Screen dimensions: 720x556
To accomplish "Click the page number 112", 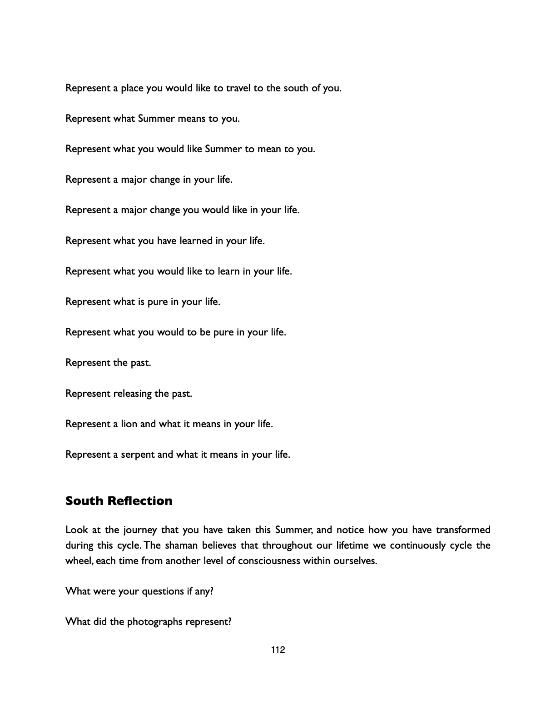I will pos(278,650).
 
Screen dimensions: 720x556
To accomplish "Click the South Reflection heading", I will pos(119,501).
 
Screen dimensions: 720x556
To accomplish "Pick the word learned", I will pos(196,241).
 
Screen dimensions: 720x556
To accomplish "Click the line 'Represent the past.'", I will pos(108,363).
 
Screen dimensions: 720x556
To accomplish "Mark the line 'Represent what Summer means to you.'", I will pos(153,119).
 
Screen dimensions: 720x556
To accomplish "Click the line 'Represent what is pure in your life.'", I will pos(143,302).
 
